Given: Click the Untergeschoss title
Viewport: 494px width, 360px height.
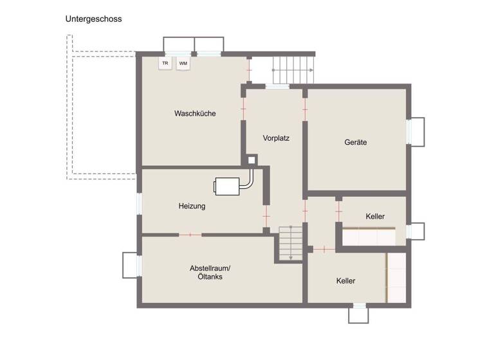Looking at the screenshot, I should (93, 19).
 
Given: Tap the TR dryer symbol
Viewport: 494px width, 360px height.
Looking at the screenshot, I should (165, 63).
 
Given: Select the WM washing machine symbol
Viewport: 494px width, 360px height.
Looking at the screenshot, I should (183, 63).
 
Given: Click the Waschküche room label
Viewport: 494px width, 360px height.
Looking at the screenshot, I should (195, 113).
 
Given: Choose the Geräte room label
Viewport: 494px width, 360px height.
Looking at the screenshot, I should (355, 142).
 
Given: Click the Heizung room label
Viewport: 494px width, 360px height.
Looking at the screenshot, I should (192, 206).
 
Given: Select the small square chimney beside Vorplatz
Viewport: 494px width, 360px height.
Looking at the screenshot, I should (252, 159).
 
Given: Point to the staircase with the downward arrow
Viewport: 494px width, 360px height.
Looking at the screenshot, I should (290, 242).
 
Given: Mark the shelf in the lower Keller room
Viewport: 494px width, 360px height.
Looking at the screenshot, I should (396, 277).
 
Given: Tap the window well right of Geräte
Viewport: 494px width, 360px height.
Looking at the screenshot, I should (416, 131).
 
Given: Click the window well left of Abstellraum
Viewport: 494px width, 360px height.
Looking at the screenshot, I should (131, 264).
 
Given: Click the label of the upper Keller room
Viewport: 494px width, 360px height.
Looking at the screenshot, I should (375, 216).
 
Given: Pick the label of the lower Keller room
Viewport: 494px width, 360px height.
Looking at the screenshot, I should (345, 281).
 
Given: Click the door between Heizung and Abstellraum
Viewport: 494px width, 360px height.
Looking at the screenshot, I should (190, 235).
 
